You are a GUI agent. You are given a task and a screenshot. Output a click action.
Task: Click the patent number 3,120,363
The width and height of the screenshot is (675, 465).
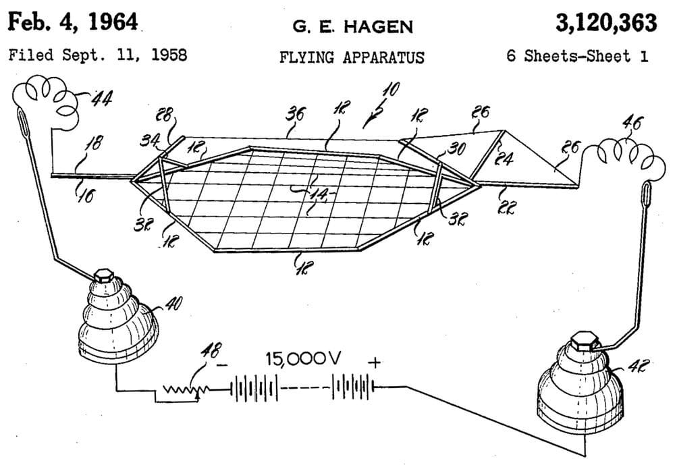(605, 24)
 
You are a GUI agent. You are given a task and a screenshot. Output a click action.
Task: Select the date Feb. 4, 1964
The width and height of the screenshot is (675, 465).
(73, 24)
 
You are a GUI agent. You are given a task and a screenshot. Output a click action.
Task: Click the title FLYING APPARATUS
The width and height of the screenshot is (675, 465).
(352, 57)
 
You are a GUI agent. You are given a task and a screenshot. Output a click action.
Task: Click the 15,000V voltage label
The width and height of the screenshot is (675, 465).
(303, 360)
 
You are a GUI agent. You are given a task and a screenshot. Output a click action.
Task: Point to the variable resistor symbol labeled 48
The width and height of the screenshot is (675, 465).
(181, 390)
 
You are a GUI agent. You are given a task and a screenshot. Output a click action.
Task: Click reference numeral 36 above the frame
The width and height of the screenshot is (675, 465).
(296, 114)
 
